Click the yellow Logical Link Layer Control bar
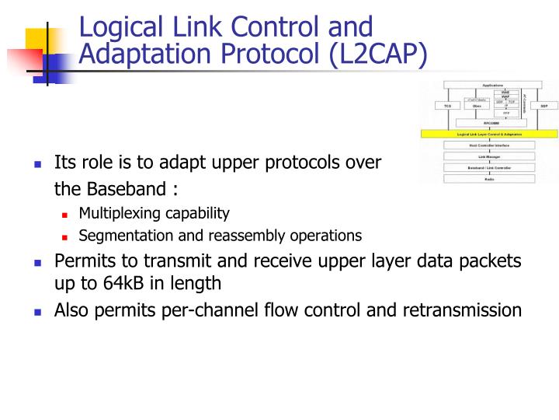[x=489, y=134]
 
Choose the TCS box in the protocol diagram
[x=447, y=105]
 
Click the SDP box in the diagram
[x=543, y=105]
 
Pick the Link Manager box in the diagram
[x=489, y=156]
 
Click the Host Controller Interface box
[x=489, y=145]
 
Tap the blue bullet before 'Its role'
[x=36, y=164]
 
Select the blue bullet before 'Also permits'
[x=36, y=311]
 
